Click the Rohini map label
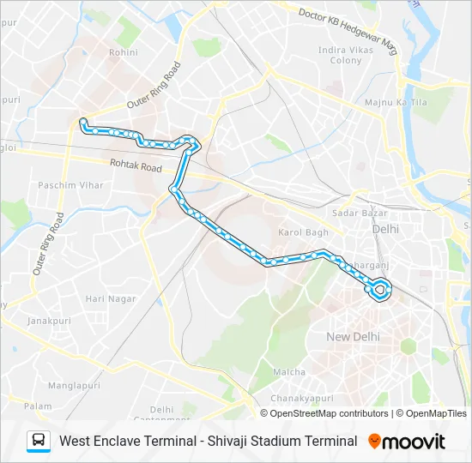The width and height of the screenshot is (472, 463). coord(123,53)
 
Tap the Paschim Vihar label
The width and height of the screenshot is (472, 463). coord(70,185)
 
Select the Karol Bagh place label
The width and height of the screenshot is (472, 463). coord(304,232)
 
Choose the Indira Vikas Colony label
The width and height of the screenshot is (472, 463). coord(341,56)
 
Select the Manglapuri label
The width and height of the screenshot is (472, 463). coord(74,386)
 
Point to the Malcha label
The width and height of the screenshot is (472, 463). coord(289,372)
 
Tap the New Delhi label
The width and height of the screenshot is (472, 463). coord(353,337)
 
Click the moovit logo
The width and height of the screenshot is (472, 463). coord(408,442)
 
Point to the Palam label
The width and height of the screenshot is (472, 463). coord(39,406)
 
